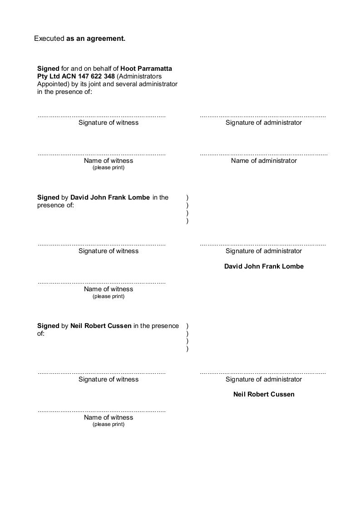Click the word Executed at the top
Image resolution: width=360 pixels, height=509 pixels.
[49, 39]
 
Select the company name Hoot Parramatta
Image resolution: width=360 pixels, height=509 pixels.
[146, 69]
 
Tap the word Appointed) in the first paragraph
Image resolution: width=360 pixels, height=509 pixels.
[53, 84]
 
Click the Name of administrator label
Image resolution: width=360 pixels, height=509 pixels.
[264, 161]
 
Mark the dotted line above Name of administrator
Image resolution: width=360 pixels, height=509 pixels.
[264, 155]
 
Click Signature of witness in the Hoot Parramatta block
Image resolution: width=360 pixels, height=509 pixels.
[108, 122]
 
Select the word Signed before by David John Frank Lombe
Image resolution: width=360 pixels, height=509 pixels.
[48, 197]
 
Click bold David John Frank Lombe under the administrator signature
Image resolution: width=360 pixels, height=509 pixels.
[264, 266]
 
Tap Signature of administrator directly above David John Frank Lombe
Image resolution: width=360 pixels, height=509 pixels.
[264, 251]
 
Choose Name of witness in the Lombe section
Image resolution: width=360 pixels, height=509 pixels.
[108, 289]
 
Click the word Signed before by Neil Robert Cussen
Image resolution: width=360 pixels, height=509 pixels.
[48, 326]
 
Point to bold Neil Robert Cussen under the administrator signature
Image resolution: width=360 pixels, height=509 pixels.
[264, 394]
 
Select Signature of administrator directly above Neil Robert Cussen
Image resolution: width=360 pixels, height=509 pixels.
[264, 379]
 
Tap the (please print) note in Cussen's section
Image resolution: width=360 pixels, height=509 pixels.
[108, 425]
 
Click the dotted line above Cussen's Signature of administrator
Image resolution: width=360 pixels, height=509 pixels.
[263, 373]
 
